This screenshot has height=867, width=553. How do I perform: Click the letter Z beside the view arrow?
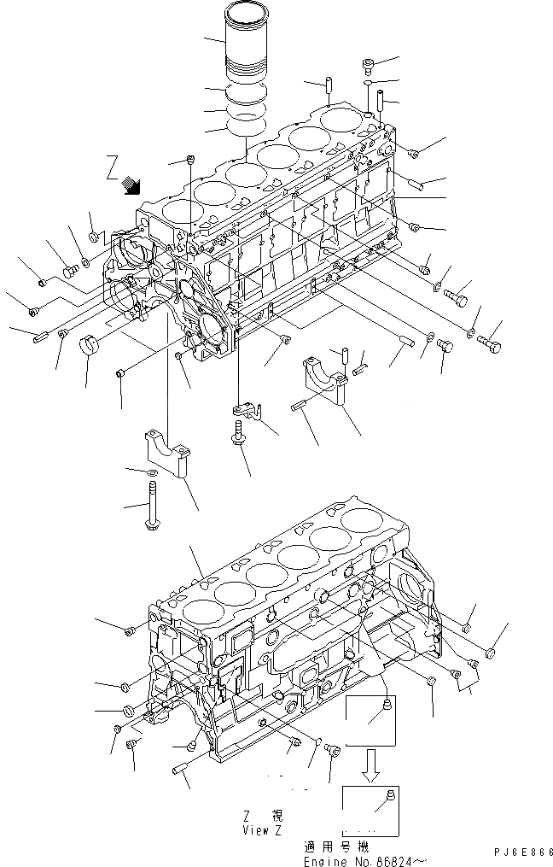[x=113, y=165]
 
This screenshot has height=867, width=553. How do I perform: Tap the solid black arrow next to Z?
[x=132, y=183]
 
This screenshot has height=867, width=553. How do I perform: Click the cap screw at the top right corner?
[x=368, y=65]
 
